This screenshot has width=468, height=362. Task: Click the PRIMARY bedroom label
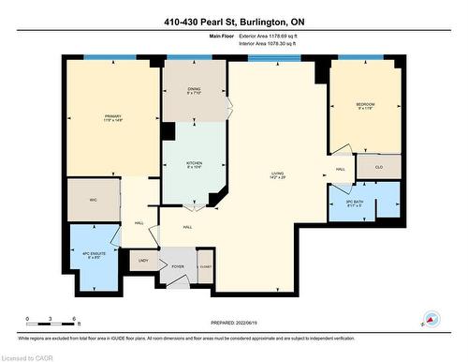[113, 118]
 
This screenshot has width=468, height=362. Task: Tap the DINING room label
[194, 92]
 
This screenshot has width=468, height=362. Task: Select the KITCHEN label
[195, 163]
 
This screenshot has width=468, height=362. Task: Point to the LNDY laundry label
[143, 260]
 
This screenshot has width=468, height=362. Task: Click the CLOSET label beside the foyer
[205, 266]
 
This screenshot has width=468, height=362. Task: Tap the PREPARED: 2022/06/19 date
[233, 324]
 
